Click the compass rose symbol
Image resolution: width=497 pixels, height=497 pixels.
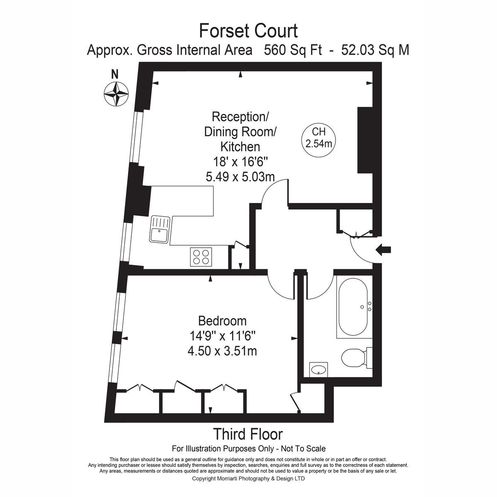(x=116, y=94)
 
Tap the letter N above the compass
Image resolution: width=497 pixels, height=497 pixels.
(x=115, y=74)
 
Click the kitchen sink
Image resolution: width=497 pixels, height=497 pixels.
(x=159, y=229)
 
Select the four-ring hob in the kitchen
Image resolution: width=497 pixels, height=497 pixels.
(x=201, y=257)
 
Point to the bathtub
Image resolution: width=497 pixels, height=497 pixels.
(x=353, y=306)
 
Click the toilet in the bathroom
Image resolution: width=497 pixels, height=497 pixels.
(x=357, y=358)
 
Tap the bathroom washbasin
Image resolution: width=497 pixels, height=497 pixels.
(x=318, y=369)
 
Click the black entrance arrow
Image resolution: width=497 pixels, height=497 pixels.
(x=383, y=250)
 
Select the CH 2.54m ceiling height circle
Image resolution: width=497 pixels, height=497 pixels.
(x=318, y=140)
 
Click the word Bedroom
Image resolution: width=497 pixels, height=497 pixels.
(x=222, y=321)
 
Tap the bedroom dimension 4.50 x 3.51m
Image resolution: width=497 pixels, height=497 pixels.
(x=222, y=351)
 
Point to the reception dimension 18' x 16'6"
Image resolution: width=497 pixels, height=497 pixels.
(x=240, y=162)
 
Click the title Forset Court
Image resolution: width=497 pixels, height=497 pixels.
(x=248, y=31)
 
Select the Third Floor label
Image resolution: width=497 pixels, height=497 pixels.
(x=248, y=434)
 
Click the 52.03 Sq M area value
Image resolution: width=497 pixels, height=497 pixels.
(x=375, y=50)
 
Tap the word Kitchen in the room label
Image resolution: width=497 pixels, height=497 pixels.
(x=240, y=147)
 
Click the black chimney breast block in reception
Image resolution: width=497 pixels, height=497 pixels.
(x=365, y=140)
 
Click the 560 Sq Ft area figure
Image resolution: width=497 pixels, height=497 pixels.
(x=293, y=50)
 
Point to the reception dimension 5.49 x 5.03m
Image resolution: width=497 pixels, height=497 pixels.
(x=240, y=177)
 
